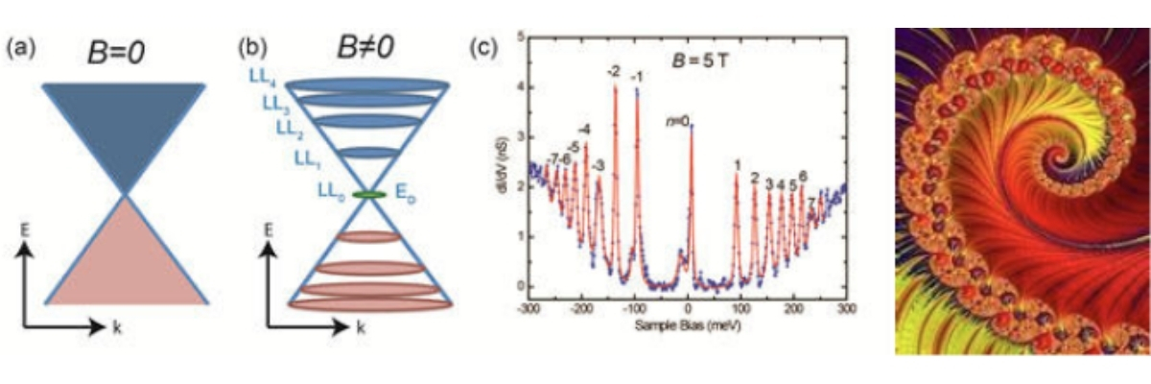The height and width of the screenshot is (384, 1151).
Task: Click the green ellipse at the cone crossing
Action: (369, 195)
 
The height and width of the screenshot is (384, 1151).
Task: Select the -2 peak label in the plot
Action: (613, 72)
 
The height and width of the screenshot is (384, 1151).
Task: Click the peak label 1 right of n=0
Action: (737, 165)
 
